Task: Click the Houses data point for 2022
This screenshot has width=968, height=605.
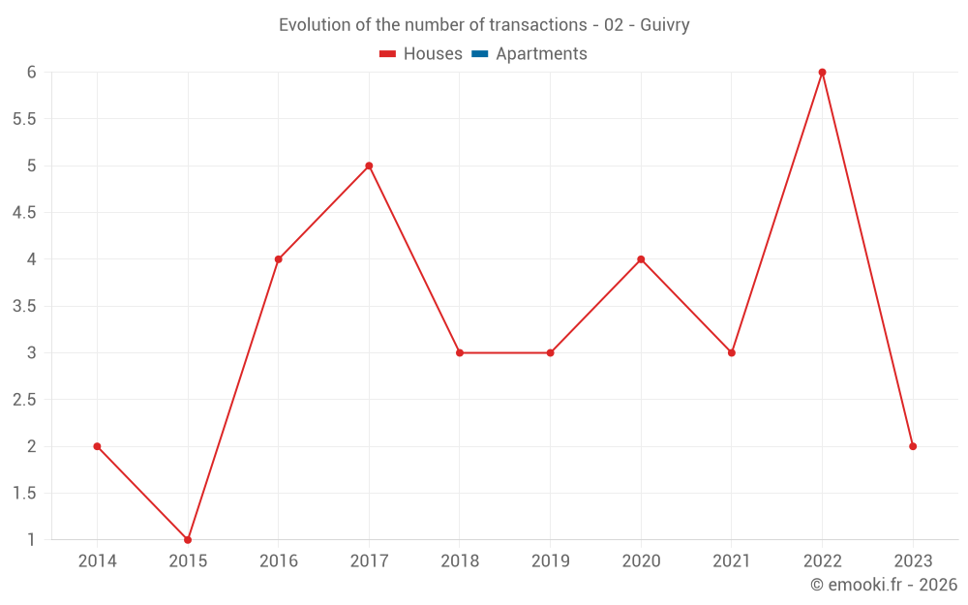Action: click(822, 73)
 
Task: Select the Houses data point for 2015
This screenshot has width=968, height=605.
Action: click(188, 539)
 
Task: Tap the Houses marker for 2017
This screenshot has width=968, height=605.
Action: click(369, 166)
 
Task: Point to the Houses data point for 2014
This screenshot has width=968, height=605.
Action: click(97, 446)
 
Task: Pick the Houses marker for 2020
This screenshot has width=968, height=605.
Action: click(641, 259)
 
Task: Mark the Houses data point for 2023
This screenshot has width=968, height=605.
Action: click(913, 446)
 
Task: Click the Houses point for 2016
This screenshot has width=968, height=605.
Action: click(278, 259)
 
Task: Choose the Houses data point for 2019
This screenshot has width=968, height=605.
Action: click(550, 352)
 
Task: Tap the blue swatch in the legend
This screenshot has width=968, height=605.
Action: click(479, 54)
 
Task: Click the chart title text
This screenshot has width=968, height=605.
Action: click(484, 25)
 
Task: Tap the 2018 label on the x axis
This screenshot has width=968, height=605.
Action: click(460, 561)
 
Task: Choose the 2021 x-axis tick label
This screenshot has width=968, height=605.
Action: click(732, 561)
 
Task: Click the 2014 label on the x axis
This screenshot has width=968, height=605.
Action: click(97, 561)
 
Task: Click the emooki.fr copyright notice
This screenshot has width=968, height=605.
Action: click(883, 585)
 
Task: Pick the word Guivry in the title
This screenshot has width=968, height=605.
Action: click(665, 25)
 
